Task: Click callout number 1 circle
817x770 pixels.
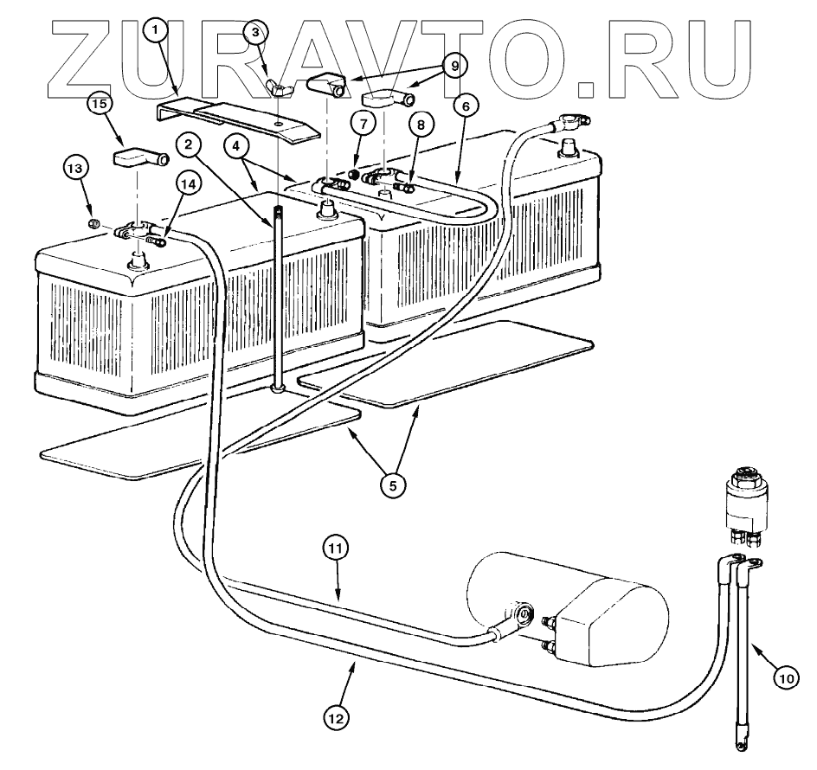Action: pos(155,31)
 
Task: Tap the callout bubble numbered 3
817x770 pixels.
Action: pos(254,32)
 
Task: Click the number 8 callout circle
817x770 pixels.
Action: pos(421,125)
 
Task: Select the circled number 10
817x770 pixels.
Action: pos(785,679)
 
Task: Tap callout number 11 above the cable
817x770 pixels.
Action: pos(336,548)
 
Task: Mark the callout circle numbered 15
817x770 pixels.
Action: pos(100,104)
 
